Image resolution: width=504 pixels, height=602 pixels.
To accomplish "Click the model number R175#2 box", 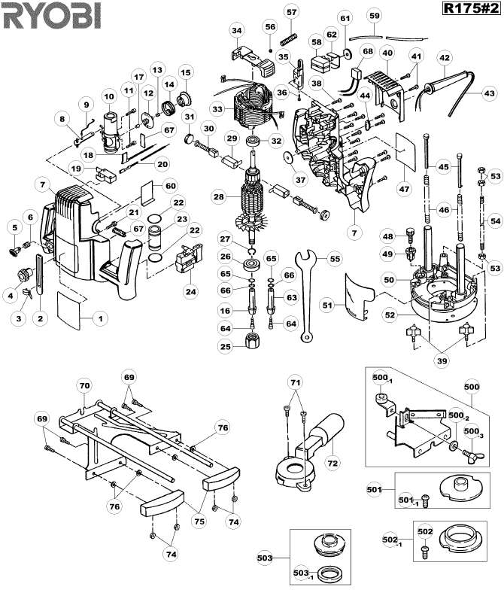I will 469,9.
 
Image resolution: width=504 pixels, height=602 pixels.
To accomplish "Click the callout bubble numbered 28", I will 219,196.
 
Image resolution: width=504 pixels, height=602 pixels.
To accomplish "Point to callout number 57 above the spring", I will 291,11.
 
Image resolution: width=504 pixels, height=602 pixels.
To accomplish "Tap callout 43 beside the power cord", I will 489,93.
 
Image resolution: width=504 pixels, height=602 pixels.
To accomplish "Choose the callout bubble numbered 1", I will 99,318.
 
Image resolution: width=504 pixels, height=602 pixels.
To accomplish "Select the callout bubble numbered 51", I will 326,304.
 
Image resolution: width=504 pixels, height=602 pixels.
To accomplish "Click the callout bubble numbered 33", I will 217,109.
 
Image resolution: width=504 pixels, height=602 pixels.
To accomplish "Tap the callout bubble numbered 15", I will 184,72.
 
